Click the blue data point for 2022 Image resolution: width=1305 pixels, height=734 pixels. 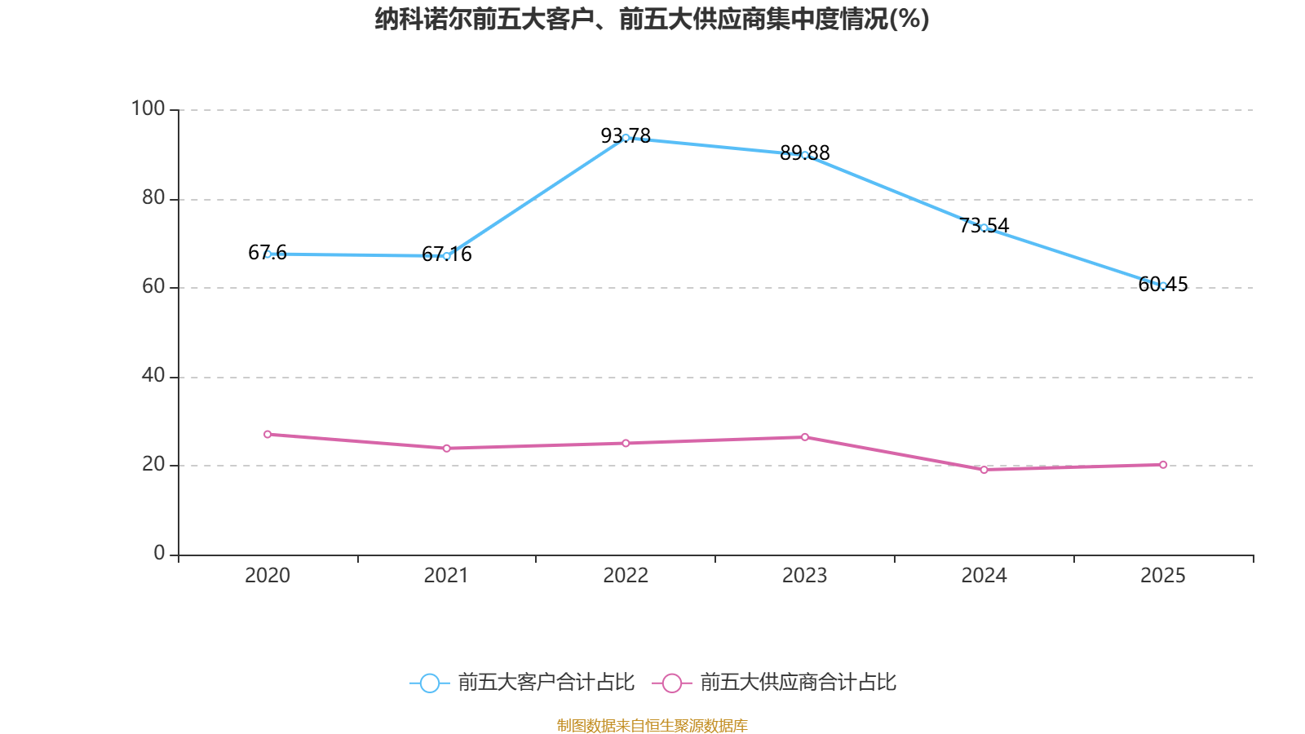626,138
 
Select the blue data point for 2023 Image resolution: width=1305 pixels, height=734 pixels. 805,155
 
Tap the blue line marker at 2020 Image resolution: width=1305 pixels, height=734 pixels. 268,254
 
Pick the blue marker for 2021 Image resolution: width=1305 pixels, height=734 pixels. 446,256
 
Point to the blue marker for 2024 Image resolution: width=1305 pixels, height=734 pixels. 984,228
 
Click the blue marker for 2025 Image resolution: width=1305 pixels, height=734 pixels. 1163,285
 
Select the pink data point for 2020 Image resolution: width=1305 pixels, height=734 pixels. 268,435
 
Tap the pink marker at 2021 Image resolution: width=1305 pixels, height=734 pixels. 446,449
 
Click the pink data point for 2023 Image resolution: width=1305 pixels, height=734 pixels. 805,437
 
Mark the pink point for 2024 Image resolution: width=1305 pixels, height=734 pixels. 984,470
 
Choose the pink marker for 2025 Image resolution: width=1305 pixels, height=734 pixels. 1163,465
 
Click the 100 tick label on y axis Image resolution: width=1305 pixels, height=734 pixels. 148,108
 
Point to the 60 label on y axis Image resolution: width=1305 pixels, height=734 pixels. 153,286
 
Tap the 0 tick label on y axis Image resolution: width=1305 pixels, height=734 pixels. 159,553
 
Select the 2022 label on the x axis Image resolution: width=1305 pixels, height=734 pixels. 626,576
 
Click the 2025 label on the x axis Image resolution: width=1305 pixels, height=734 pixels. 1163,576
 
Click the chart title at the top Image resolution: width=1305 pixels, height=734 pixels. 652,19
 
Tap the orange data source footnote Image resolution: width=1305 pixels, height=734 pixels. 652,725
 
